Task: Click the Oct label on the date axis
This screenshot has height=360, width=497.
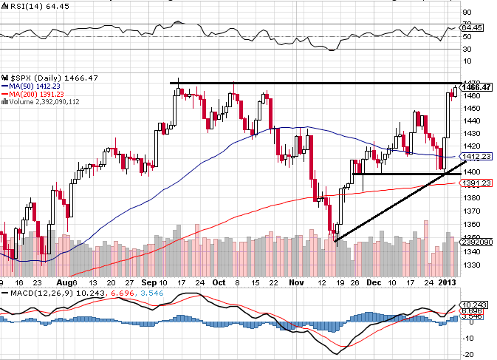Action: point(219,282)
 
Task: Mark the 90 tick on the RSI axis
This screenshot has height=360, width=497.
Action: point(467,12)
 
